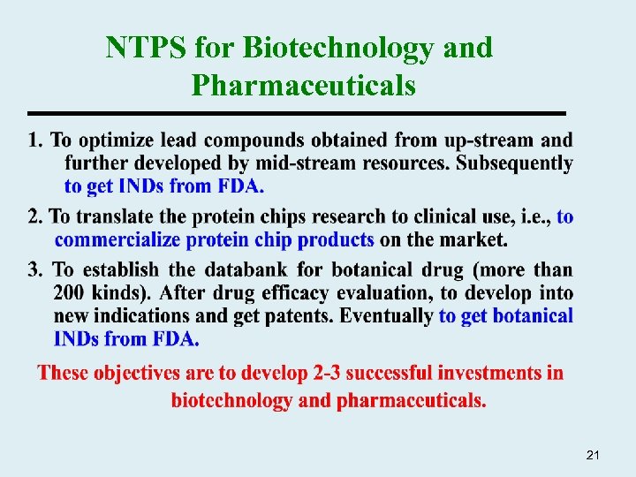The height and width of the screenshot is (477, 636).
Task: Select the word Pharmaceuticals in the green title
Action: point(303,85)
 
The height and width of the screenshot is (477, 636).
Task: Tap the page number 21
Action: point(593,455)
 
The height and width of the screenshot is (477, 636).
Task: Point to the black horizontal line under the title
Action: point(296,114)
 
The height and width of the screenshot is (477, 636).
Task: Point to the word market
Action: point(478,240)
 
